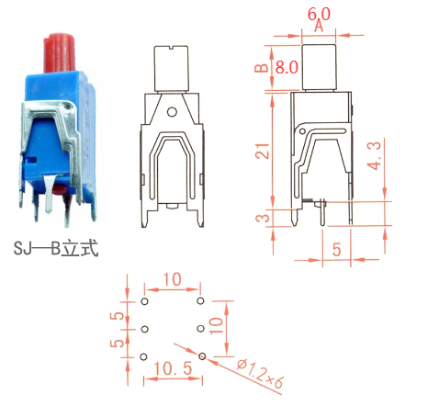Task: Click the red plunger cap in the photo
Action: coord(60,51)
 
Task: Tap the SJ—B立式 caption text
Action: coord(56,248)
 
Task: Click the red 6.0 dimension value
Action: coord(319,14)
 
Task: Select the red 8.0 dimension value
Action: coord(287,67)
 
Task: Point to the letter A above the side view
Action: coord(319,26)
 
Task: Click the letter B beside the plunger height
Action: coord(261,68)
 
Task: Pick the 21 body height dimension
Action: coord(263,151)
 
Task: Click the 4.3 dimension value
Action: coord(375,155)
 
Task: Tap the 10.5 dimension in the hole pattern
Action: coord(173,368)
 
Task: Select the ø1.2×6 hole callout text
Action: coord(261,373)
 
